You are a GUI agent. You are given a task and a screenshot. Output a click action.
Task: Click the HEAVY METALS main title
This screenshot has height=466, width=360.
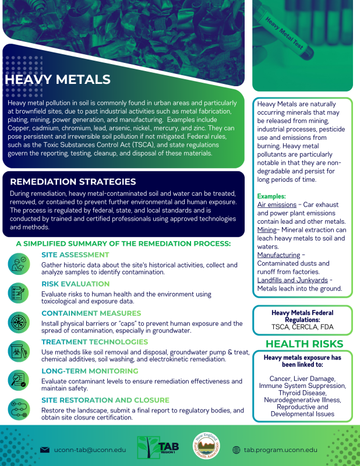57,79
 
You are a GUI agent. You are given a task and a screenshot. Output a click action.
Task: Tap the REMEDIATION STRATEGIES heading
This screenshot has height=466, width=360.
73,182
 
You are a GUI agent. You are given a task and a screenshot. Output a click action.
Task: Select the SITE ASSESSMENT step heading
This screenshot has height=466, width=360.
75,255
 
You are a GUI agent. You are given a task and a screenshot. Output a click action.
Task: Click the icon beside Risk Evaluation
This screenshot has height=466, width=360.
19,292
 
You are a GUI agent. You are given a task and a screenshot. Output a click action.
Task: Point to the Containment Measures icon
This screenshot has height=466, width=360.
19,322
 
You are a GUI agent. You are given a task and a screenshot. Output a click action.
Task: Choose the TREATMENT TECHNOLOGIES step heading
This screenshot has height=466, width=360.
94,342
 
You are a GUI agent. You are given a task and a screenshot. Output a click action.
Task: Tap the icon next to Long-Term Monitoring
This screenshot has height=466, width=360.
19,379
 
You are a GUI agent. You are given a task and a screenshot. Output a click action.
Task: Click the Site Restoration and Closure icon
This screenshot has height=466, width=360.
19,409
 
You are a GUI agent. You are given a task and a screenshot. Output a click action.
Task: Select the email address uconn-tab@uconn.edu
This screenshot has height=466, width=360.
89,450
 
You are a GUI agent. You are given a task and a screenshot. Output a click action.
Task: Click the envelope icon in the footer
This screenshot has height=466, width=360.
44,450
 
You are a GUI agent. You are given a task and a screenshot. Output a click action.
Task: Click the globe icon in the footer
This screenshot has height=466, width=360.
236,450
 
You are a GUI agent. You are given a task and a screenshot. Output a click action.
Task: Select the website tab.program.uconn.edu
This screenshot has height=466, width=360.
280,450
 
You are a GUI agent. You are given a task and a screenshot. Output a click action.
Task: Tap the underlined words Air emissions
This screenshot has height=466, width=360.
277,205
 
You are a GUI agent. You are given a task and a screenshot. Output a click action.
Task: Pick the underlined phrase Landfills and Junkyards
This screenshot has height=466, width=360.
292,280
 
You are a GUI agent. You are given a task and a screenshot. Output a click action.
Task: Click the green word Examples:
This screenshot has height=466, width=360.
271,197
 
